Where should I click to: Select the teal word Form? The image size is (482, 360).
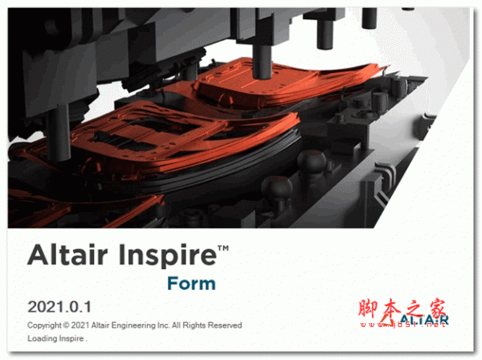tap(191, 284)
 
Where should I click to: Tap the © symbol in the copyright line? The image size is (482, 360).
tap(71, 325)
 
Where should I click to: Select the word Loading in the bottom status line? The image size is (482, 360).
tap(43, 338)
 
